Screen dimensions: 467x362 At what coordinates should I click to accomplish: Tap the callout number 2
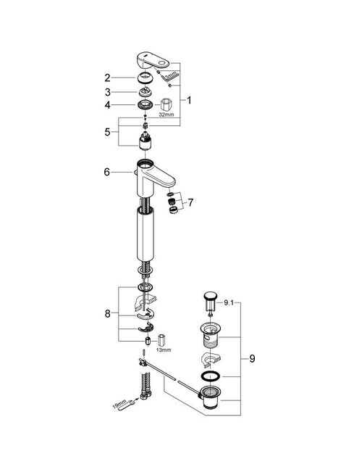(x=106, y=78)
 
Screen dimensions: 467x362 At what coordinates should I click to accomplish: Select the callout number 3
(x=106, y=92)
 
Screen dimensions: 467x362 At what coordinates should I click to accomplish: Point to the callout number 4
(x=106, y=106)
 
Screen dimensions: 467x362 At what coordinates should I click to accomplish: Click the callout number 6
(x=106, y=172)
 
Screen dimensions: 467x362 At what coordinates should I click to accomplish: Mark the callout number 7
(x=191, y=202)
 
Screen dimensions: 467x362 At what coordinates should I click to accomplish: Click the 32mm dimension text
(x=166, y=115)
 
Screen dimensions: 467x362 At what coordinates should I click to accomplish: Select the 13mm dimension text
(x=164, y=350)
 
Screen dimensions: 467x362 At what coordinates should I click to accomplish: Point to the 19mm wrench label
(x=121, y=402)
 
